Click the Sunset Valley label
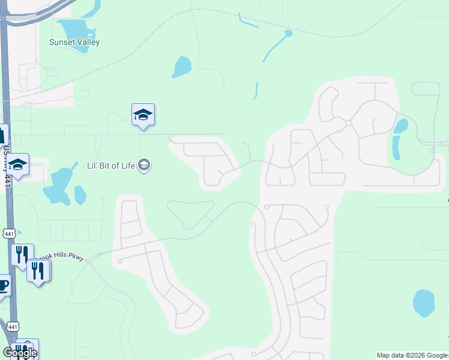coord(74,43)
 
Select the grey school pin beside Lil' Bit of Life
coord(143,164)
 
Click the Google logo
coord(20,353)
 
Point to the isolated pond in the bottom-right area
coord(424,303)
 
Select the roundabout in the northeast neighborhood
coord(348,123)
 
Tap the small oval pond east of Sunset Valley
coord(182,67)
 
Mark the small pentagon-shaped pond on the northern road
coord(288,32)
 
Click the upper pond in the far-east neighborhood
coord(400,125)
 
